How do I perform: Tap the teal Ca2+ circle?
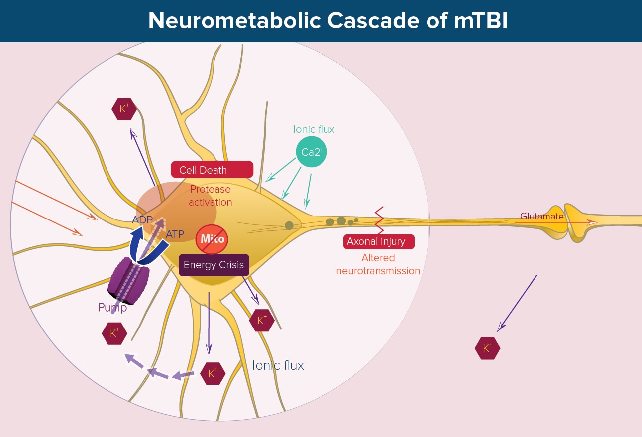(x=311, y=152)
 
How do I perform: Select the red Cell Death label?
(x=212, y=170)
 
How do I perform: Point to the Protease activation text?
(x=211, y=196)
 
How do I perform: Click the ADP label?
(x=142, y=219)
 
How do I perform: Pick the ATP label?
(x=175, y=233)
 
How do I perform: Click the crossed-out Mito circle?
(x=213, y=239)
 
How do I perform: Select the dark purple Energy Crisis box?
(x=214, y=265)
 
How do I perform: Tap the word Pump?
(x=112, y=308)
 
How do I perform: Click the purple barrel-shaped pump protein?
(x=128, y=283)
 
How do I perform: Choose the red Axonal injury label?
(x=379, y=242)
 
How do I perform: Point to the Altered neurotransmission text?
(x=378, y=264)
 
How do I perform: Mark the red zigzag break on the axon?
(x=379, y=220)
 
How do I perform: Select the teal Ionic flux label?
(x=314, y=129)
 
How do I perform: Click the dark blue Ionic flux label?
(x=278, y=365)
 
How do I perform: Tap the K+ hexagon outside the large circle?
(x=488, y=348)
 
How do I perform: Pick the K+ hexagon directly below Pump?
(x=114, y=333)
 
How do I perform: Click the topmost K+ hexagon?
(x=124, y=109)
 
